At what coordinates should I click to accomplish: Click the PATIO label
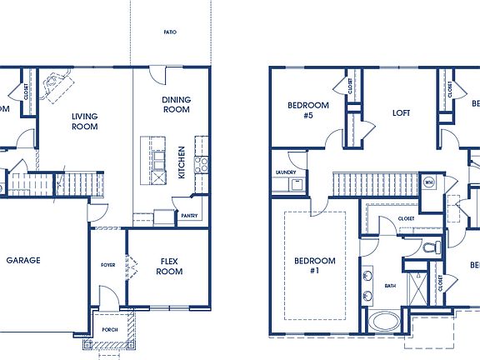click(x=170, y=32)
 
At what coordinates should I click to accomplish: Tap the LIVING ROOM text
click(x=84, y=122)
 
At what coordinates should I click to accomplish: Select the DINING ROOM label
click(x=176, y=104)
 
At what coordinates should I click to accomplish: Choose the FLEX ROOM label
click(x=170, y=267)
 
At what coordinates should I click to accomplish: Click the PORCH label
click(x=112, y=329)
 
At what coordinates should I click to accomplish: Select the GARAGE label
click(x=23, y=260)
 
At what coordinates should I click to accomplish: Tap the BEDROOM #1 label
click(x=315, y=266)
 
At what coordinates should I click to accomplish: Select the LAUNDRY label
click(x=286, y=172)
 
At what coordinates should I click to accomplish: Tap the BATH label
click(x=390, y=286)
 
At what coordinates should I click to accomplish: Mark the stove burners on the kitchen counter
click(x=200, y=164)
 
